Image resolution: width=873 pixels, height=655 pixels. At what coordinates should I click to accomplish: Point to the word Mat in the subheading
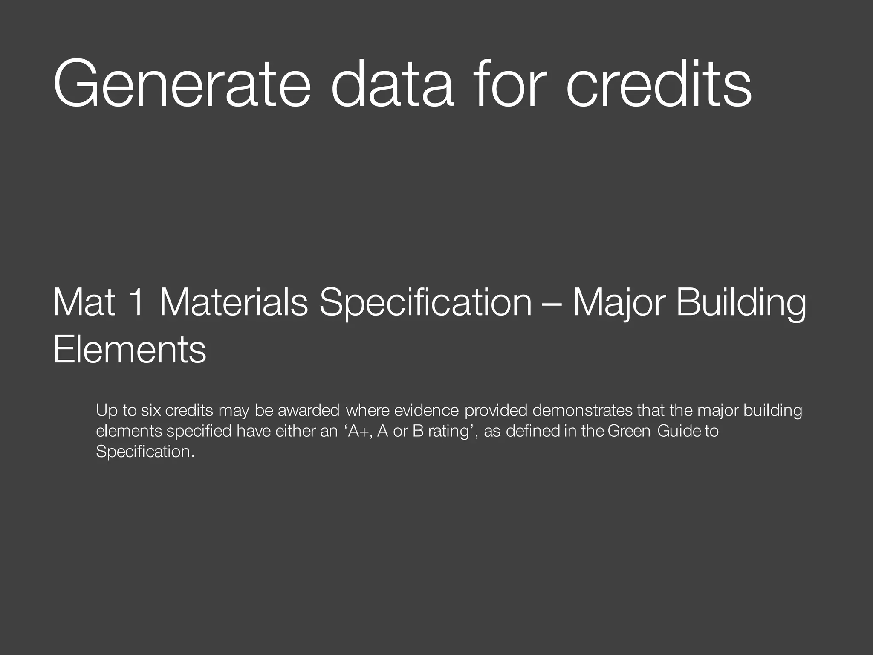tap(84, 302)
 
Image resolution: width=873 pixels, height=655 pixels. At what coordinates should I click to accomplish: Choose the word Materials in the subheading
tap(234, 302)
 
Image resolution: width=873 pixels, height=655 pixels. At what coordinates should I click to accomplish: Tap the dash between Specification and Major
tap(552, 304)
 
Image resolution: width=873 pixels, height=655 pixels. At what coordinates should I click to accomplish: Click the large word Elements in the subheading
tap(130, 350)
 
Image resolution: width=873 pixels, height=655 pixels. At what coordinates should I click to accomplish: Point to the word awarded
tap(309, 410)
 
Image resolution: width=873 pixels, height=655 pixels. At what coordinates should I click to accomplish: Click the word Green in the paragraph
tap(629, 431)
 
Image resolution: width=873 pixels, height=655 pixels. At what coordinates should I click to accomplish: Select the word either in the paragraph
tap(295, 431)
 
